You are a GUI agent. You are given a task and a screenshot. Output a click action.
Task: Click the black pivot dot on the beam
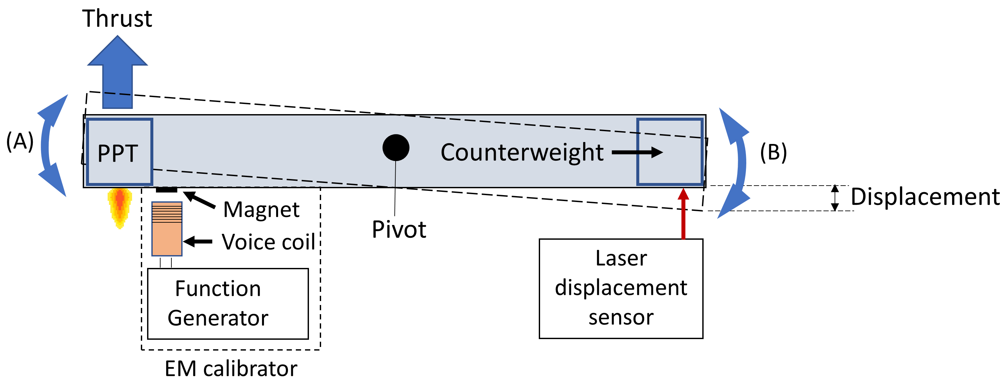[x=396, y=148]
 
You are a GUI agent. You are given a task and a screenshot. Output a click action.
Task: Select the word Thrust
[x=117, y=18]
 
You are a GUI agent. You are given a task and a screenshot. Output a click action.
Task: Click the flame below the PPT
[x=120, y=207]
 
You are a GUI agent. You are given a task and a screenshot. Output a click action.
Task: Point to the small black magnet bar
[x=166, y=190]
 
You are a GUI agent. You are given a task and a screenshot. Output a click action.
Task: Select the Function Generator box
[x=228, y=304]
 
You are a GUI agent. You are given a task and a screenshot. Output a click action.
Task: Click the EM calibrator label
[x=231, y=369]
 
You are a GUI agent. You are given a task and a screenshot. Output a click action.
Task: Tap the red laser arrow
[x=683, y=214]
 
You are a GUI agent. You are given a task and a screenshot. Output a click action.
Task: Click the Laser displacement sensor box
[x=621, y=288]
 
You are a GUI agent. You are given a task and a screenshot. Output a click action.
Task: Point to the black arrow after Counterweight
[x=637, y=152]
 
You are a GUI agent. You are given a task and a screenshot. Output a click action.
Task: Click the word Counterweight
[x=522, y=152]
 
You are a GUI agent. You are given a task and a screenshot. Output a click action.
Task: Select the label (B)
[x=773, y=152]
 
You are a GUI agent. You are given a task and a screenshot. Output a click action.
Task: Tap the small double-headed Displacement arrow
[x=835, y=198]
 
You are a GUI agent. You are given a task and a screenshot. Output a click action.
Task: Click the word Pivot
[x=399, y=229]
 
